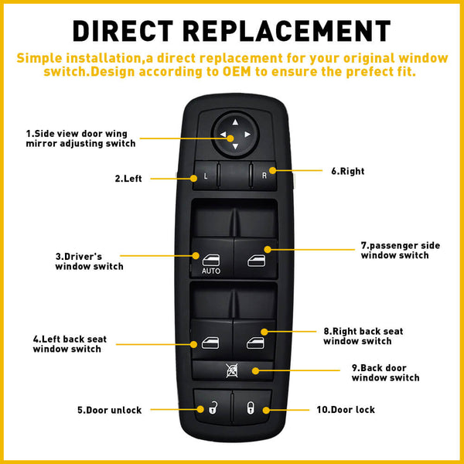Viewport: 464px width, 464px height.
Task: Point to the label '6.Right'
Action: (x=346, y=171)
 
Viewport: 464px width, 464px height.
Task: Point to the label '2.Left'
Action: (x=128, y=179)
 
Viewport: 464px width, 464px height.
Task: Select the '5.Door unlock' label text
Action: (x=109, y=411)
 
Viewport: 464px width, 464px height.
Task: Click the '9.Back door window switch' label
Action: (x=385, y=373)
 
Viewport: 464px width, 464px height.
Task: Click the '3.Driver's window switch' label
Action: (x=89, y=261)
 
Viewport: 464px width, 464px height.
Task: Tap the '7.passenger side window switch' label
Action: (x=400, y=250)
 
